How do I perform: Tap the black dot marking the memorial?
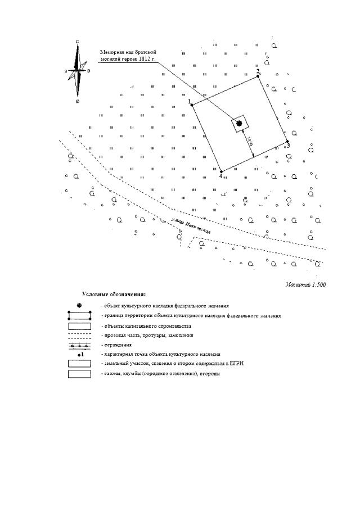239,123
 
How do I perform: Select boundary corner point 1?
192,105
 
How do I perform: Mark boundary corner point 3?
287,142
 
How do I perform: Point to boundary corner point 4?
221,171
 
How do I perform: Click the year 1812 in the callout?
141,59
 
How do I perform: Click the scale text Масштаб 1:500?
305,285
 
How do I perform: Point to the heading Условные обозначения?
114,294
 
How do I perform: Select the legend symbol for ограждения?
79,345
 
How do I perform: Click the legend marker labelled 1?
80,355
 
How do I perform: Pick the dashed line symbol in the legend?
79,335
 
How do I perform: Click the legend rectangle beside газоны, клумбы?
79,374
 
